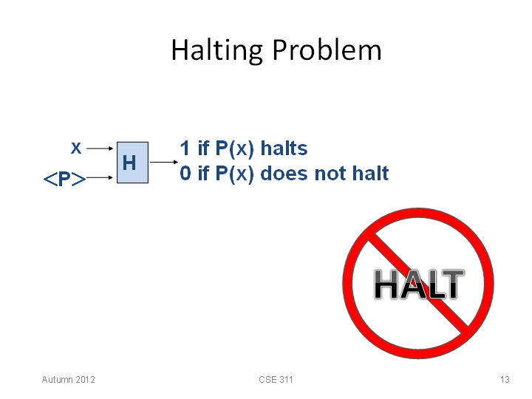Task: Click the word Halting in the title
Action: (x=216, y=50)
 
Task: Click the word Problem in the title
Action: (x=327, y=50)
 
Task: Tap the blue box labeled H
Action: (x=133, y=163)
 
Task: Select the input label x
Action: (x=76, y=149)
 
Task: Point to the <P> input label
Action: (x=64, y=179)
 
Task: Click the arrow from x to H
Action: (x=100, y=149)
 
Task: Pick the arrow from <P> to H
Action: (x=100, y=177)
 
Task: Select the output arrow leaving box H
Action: (x=164, y=162)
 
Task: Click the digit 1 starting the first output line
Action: (x=185, y=148)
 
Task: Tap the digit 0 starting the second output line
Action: (x=185, y=173)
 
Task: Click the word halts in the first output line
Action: (x=284, y=148)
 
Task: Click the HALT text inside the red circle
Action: (x=419, y=284)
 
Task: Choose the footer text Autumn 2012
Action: (x=69, y=379)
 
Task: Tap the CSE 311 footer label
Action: (x=276, y=379)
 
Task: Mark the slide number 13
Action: (x=505, y=379)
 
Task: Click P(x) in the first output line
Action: (x=234, y=149)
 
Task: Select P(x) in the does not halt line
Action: (x=234, y=174)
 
